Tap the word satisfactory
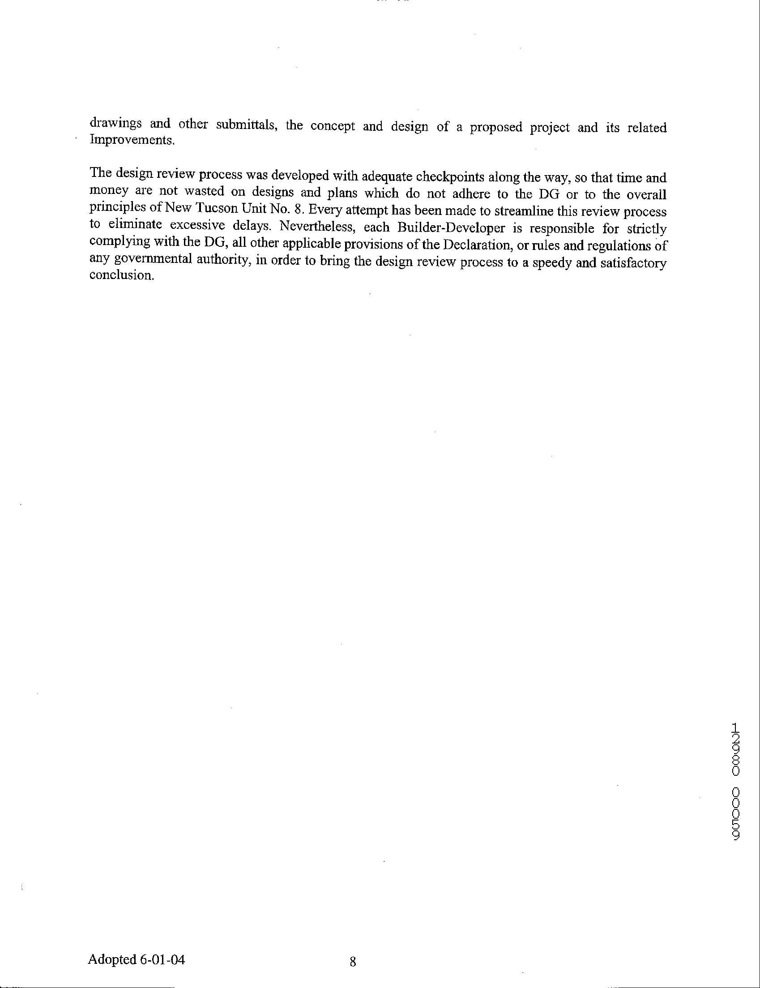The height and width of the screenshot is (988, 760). tap(632, 263)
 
